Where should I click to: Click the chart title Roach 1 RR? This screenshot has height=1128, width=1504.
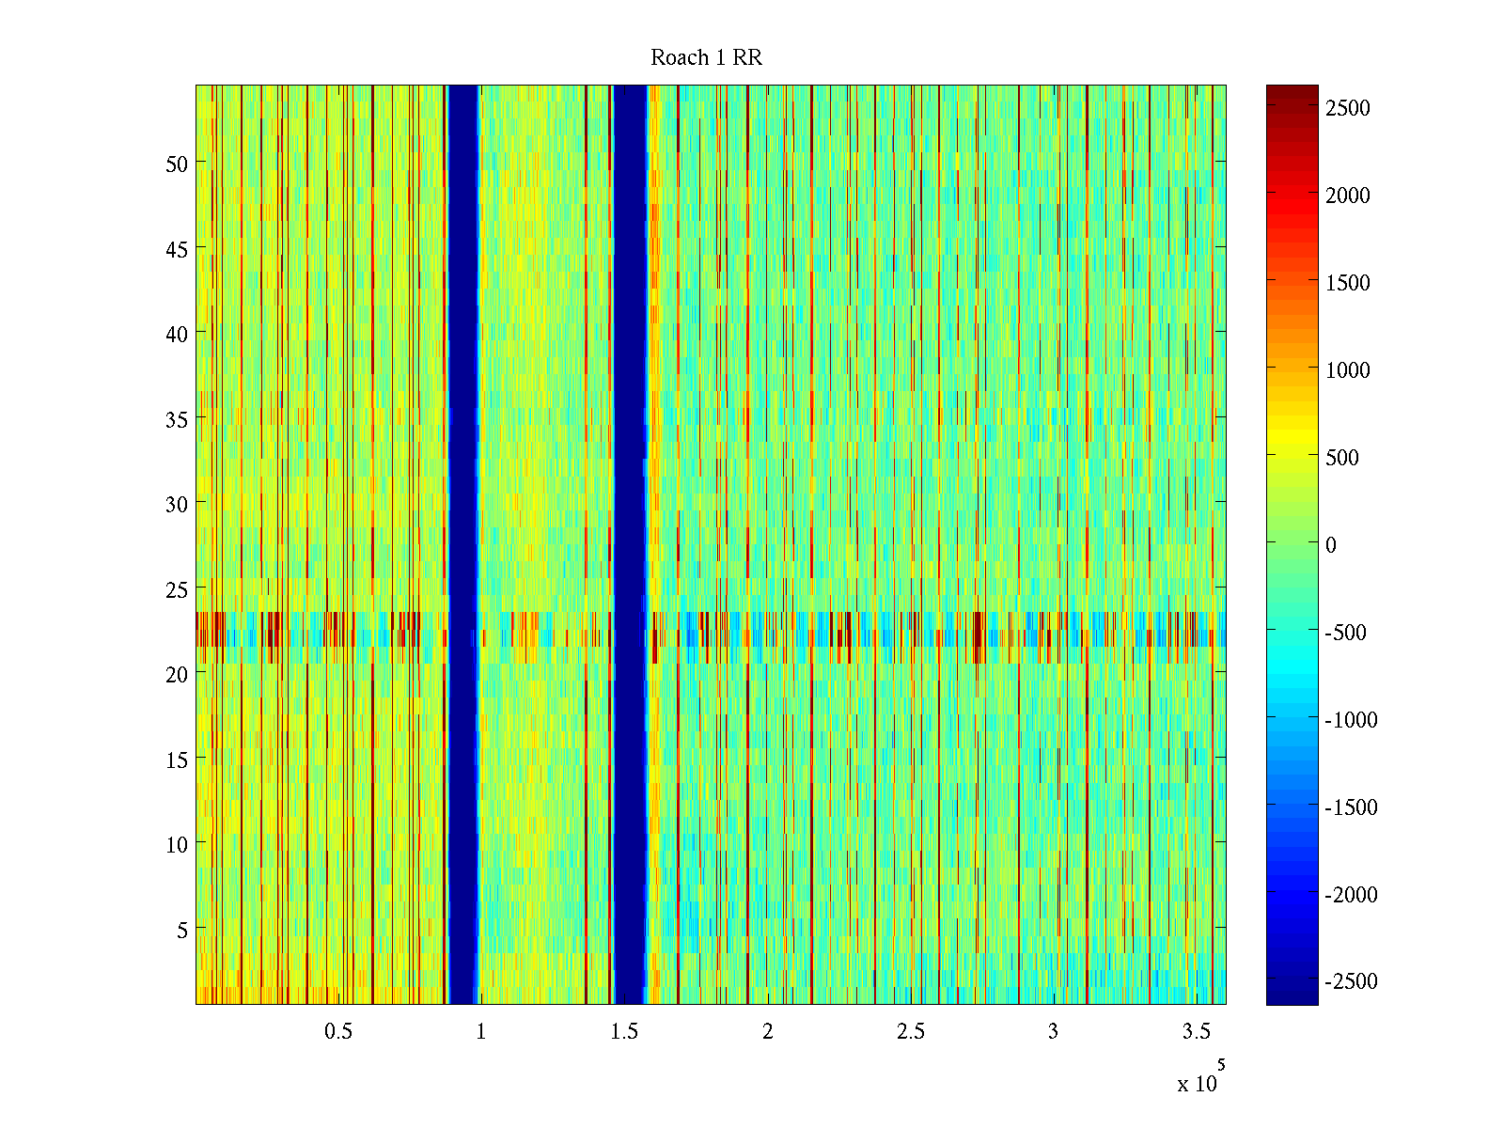click(706, 58)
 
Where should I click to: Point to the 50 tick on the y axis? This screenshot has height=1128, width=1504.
click(177, 164)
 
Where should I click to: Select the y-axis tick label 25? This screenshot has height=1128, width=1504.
click(177, 589)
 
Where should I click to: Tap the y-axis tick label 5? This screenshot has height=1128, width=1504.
click(182, 930)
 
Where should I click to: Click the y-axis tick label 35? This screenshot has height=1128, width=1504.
click(177, 419)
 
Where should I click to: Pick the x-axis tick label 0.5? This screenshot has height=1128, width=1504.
click(338, 1032)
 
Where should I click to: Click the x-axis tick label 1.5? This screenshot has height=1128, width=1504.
click(624, 1032)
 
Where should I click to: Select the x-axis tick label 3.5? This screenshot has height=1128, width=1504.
click(1196, 1032)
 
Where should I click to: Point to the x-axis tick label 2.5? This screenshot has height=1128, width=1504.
click(910, 1032)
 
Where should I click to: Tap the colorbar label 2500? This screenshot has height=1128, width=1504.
click(1348, 108)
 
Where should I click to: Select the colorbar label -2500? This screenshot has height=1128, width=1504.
click(1351, 981)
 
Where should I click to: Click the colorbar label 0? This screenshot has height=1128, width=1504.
click(1331, 545)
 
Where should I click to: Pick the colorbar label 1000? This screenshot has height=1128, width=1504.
click(1348, 370)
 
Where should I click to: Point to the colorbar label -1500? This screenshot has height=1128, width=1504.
click(1351, 807)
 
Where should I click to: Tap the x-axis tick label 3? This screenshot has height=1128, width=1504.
click(1053, 1032)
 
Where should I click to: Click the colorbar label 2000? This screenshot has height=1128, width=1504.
click(1348, 196)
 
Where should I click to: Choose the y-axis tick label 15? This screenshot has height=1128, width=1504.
click(177, 760)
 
